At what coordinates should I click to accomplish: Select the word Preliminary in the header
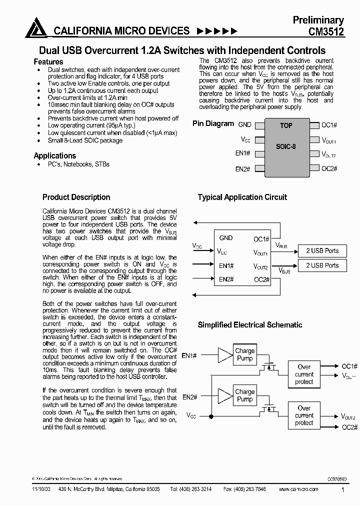pos(318,20)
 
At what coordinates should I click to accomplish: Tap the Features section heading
pos(48,61)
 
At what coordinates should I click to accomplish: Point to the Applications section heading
pos(54,155)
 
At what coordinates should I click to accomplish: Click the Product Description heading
pos(76,197)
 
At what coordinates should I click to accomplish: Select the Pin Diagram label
pos(213,123)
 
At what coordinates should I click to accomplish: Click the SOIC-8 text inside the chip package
pos(286,147)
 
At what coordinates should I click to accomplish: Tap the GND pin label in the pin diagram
pos(244,125)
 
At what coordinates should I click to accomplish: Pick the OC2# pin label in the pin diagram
pos(329,168)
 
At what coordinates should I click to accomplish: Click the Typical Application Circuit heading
pos(242,197)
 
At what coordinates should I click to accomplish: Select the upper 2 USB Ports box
pos(322,250)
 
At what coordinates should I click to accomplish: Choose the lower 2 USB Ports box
pos(322,265)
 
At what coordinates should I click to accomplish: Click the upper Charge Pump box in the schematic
pos(244,354)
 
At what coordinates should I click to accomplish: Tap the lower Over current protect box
pos(304,415)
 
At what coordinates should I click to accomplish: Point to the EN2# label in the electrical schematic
pos(189,397)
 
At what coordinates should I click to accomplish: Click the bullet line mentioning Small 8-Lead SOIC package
pos(85,140)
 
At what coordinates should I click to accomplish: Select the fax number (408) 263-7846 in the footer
pos(252,489)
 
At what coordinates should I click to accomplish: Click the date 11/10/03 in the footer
pos(40,489)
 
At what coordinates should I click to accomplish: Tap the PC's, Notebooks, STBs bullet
pos(78,164)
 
